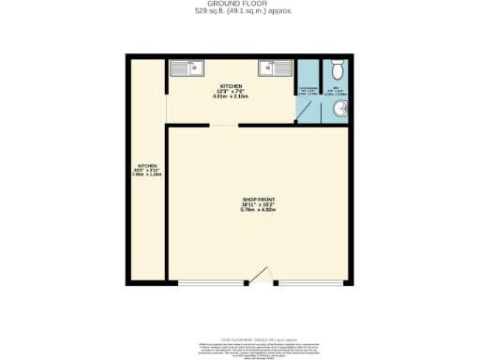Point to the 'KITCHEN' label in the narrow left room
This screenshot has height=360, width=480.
pos(146,166)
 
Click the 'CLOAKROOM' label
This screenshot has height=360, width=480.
pos(307,89)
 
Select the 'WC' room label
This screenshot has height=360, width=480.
pos(337,89)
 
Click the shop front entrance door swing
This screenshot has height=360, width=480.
pos(262,275)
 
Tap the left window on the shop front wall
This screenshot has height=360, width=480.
pos(211,282)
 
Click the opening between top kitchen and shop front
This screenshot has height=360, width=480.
pos(224,124)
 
